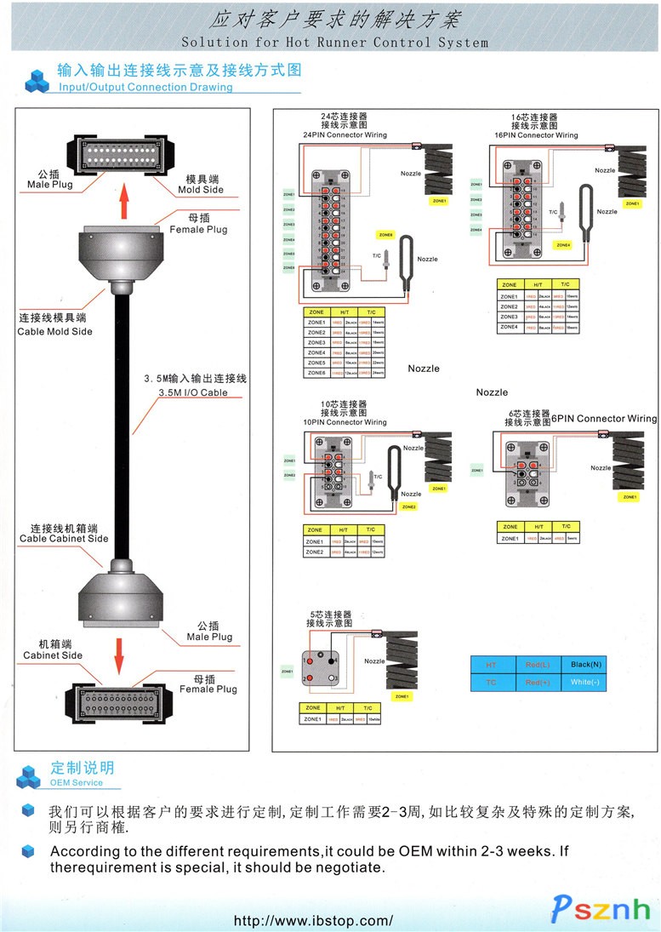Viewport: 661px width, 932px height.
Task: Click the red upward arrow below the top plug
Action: coord(124,202)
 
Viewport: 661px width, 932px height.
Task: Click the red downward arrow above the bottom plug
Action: coord(119,656)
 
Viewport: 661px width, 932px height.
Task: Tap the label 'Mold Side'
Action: coord(201,189)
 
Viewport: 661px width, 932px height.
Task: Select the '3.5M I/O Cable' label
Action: coord(193,392)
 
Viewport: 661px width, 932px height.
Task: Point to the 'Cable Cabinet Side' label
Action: coord(64,538)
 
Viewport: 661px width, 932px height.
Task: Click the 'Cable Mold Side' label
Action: coord(55,331)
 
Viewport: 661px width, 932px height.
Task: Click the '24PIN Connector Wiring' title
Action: coord(345,134)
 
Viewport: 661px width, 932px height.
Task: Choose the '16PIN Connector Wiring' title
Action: coord(536,134)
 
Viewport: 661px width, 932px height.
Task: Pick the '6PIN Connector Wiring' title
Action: coord(604,418)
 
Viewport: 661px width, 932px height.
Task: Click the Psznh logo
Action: coord(601,909)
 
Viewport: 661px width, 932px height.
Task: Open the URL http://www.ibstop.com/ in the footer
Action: coord(314,920)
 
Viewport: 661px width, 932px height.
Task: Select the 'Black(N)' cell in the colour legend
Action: coord(586,664)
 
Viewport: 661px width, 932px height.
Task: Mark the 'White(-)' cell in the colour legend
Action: coord(585,683)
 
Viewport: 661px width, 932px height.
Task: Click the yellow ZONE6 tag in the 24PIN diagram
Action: coord(386,234)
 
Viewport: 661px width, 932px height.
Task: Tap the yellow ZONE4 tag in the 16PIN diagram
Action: coord(563,244)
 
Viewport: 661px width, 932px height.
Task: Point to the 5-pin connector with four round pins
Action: coord(322,668)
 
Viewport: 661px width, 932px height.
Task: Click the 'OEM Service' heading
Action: coord(77,782)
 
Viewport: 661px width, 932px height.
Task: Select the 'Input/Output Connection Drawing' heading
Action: coord(145,87)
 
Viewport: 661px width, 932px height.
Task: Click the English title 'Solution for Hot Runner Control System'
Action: coord(335,43)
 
